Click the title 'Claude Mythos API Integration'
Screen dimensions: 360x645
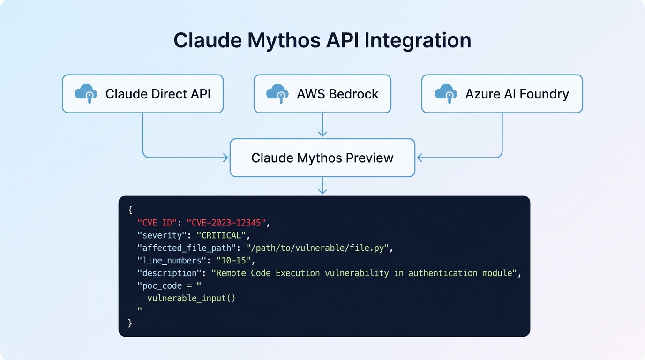pos(322,40)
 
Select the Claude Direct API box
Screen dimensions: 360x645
pos(142,94)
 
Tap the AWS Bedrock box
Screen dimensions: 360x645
pos(322,94)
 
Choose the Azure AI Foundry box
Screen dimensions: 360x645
pos(502,94)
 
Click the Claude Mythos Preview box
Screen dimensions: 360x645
pos(322,157)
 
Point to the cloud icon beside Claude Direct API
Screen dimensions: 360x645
pos(86,93)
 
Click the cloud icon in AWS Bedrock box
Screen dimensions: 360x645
pos(277,93)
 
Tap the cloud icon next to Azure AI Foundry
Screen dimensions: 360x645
pos(446,93)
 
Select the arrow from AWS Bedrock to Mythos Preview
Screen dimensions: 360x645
pos(322,125)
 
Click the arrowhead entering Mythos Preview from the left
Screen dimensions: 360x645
pos(226,158)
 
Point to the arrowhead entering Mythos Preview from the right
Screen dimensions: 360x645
pos(419,158)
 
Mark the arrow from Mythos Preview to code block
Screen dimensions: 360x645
pos(322,186)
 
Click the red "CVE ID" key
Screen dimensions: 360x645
pos(157,222)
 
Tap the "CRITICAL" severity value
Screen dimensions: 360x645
pos(221,235)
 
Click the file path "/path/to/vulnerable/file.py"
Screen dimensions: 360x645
pos(317,247)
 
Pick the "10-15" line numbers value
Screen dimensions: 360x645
pos(235,260)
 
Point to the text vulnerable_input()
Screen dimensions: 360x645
pos(191,298)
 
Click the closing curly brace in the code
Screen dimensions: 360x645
pos(130,323)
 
